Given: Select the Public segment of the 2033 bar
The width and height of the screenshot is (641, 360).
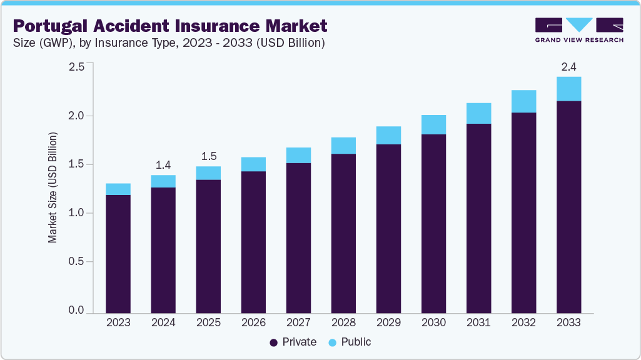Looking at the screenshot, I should tap(568, 89).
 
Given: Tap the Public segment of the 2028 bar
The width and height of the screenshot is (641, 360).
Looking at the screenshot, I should tap(343, 146).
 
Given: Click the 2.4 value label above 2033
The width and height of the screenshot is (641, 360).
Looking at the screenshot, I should tap(568, 66).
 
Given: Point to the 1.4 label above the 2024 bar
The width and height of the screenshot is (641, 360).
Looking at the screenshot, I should tap(163, 164).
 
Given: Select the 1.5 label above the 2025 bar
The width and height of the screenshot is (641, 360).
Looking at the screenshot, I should tap(208, 156).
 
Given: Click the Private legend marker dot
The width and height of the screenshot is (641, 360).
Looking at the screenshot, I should tap(274, 342).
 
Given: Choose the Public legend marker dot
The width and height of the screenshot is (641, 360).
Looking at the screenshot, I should tap(332, 342).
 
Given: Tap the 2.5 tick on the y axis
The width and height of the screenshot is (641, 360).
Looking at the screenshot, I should tap(76, 67).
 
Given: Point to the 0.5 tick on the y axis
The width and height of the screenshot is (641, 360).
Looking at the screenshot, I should tap(76, 262).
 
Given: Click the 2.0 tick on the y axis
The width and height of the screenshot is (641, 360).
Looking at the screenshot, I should tap(76, 116).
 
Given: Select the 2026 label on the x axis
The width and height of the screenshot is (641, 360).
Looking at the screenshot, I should tap(253, 322).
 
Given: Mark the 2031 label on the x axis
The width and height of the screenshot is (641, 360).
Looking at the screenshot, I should tap(478, 322).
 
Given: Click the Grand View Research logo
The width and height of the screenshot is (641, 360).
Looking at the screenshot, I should tap(578, 29).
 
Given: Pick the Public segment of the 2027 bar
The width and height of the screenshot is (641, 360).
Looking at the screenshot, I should tap(298, 155).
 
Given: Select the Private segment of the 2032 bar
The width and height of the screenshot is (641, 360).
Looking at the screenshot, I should tap(523, 212).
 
